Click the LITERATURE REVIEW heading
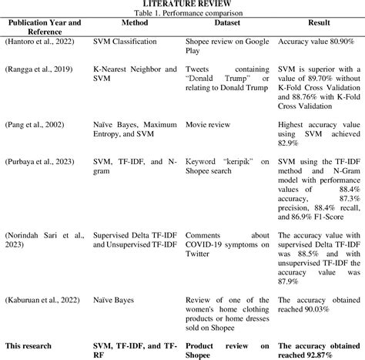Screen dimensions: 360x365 click(x=182, y=5)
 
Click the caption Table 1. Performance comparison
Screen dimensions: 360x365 click(x=182, y=14)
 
